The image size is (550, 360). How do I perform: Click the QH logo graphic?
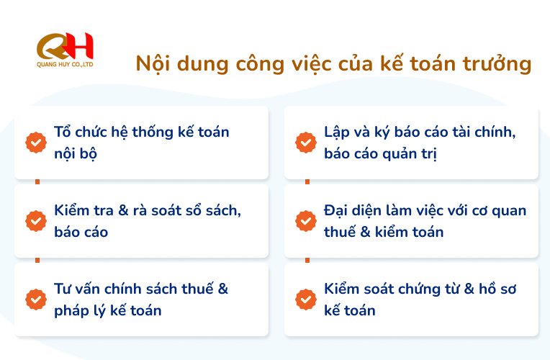[65, 46]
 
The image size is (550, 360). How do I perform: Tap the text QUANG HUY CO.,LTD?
[65, 65]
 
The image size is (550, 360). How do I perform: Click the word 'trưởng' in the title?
[497, 65]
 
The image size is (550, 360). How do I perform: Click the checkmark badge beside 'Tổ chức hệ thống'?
[36, 143]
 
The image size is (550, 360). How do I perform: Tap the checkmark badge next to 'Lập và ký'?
[306, 143]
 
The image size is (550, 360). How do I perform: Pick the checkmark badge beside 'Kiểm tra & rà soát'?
[36, 221]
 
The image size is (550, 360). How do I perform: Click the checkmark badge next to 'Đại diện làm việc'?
[306, 221]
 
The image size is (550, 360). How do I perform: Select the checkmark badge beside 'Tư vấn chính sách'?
[36, 300]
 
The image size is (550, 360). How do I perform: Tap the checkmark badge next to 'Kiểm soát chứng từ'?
[306, 300]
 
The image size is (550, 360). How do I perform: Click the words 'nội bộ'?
[76, 153]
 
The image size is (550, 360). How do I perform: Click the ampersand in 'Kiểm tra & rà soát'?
[123, 210]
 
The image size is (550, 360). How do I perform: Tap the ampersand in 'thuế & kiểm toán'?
[365, 232]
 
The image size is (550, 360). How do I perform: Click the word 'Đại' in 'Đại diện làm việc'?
[335, 210]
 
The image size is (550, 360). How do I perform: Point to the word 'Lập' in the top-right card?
[337, 132]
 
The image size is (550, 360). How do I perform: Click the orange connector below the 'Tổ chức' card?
[37, 181]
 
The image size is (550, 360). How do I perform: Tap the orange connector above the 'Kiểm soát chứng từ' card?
[307, 261]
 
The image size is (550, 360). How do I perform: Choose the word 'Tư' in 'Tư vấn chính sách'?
[63, 289]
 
